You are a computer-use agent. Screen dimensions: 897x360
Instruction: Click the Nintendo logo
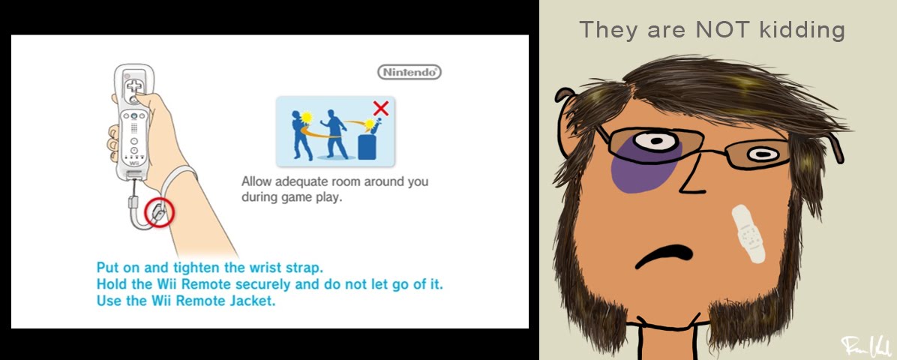click(x=409, y=73)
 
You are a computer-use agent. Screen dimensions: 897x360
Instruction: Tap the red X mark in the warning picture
click(x=380, y=107)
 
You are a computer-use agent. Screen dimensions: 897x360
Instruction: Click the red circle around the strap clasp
click(x=159, y=212)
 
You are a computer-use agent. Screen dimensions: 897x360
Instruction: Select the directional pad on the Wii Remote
click(x=133, y=85)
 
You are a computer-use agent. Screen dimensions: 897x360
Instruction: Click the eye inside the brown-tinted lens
click(x=763, y=154)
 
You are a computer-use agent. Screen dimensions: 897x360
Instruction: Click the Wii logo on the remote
click(x=133, y=163)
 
